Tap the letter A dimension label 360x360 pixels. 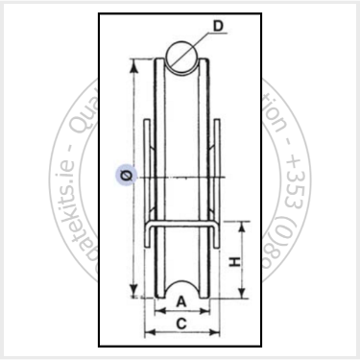tap(181, 300)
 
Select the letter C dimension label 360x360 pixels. tap(181, 324)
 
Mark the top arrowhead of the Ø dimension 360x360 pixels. tap(130, 68)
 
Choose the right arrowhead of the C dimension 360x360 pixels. tap(217, 335)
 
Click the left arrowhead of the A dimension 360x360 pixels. tap(157, 312)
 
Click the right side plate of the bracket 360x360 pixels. tap(220, 173)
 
